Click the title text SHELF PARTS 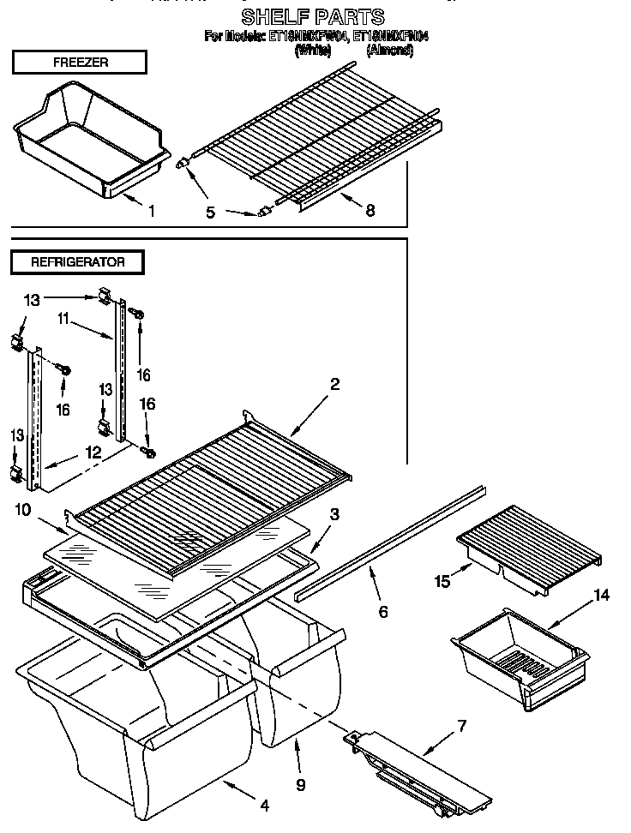pyautogui.click(x=313, y=16)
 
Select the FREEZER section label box pyautogui.click(x=80, y=63)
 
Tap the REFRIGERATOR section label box pyautogui.click(x=78, y=262)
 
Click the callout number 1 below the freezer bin pyautogui.click(x=152, y=211)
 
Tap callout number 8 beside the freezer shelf pyautogui.click(x=370, y=209)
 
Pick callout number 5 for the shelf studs pyautogui.click(x=210, y=212)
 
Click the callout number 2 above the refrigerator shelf pyautogui.click(x=334, y=385)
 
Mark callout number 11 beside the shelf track pyautogui.click(x=63, y=319)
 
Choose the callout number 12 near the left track pyautogui.click(x=93, y=452)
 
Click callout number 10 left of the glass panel pyautogui.click(x=23, y=510)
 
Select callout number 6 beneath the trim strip pyautogui.click(x=382, y=611)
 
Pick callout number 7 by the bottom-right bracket pyautogui.click(x=461, y=726)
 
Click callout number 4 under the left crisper pyautogui.click(x=263, y=805)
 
